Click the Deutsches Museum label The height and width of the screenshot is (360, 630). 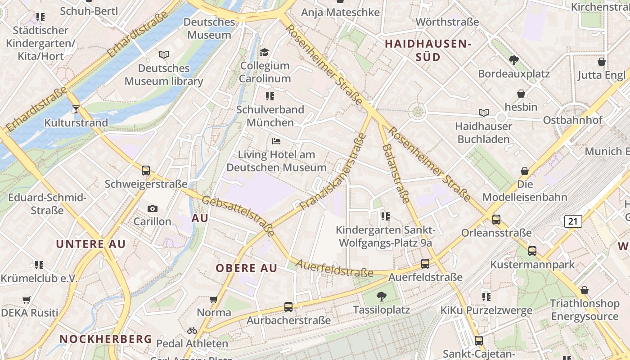(209, 28)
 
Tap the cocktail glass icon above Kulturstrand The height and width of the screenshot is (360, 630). (76, 109)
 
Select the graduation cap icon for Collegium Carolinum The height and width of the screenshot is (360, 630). (264, 53)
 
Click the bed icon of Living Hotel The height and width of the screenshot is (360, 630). (276, 141)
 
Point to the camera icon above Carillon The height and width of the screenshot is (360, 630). (153, 208)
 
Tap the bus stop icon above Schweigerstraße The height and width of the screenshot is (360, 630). (146, 171)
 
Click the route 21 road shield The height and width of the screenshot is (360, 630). (572, 221)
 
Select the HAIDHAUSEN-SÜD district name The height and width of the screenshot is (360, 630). (427, 50)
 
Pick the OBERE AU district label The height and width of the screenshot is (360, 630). (246, 268)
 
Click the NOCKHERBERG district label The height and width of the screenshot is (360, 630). (106, 339)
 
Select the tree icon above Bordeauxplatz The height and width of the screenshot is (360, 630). (513, 60)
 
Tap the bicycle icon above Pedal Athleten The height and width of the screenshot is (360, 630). (192, 330)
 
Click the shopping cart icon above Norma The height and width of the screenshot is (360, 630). (214, 299)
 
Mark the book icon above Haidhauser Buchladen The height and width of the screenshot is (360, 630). (484, 113)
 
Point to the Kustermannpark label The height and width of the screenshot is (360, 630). (532, 264)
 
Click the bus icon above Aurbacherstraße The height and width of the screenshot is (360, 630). (288, 307)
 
